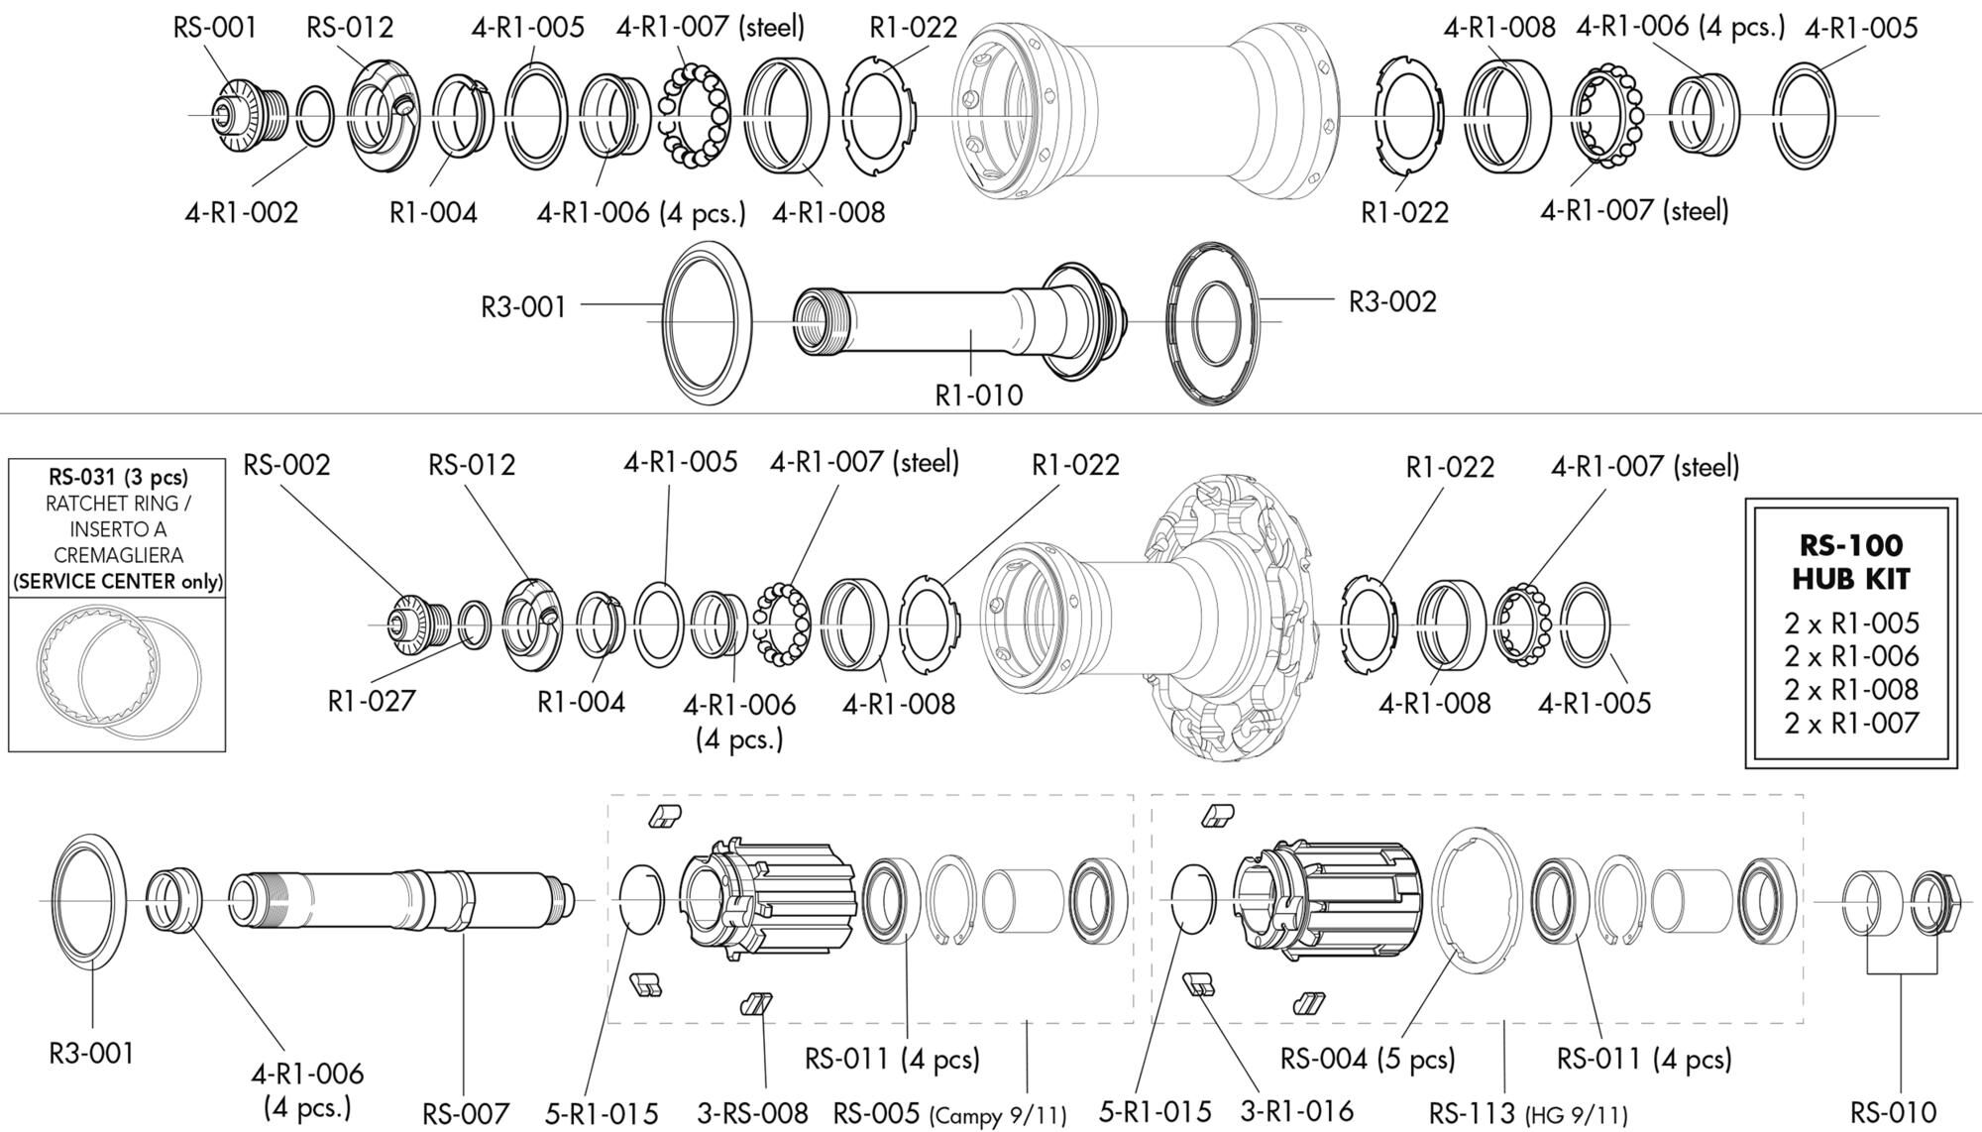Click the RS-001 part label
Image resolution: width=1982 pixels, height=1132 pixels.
215,27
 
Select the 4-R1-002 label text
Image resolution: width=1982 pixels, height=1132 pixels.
241,212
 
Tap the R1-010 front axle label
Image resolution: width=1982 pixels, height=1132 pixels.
979,396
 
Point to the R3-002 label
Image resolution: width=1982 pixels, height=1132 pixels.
1391,301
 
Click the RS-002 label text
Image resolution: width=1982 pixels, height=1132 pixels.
287,464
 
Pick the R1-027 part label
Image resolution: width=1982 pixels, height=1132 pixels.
372,701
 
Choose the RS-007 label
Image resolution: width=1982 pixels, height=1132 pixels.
466,1113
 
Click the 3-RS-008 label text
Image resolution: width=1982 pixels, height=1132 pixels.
753,1113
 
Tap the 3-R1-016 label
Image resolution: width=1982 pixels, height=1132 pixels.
1297,1111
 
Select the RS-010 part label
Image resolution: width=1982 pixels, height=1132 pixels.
1894,1112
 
